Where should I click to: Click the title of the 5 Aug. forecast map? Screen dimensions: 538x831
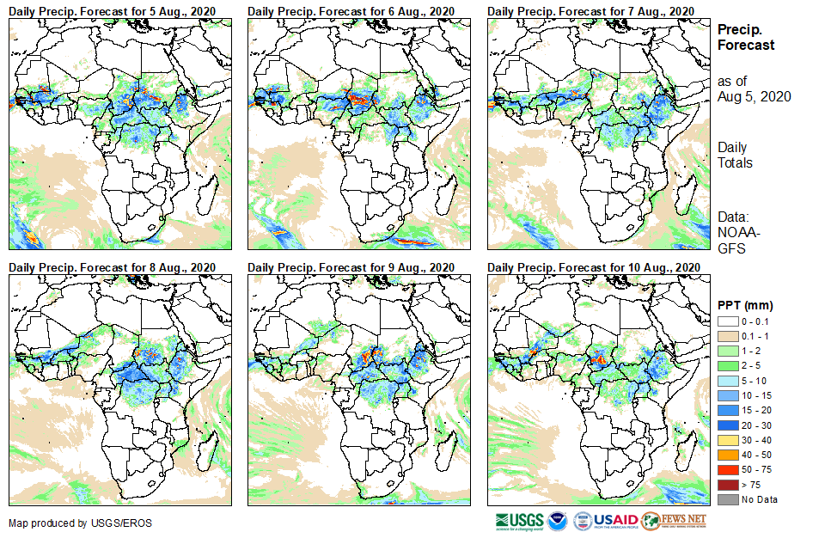[113, 10]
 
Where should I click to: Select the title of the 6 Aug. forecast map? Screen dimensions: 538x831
[351, 10]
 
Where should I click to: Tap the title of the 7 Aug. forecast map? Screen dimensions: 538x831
[590, 10]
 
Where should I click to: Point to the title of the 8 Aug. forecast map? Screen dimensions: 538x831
[113, 267]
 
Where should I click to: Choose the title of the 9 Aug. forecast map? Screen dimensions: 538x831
[351, 267]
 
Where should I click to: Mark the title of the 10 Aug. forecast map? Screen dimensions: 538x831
[593, 267]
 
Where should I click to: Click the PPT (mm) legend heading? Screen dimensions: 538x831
[744, 305]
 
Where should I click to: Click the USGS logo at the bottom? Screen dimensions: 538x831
[519, 521]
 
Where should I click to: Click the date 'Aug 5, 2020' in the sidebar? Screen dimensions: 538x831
[755, 96]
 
